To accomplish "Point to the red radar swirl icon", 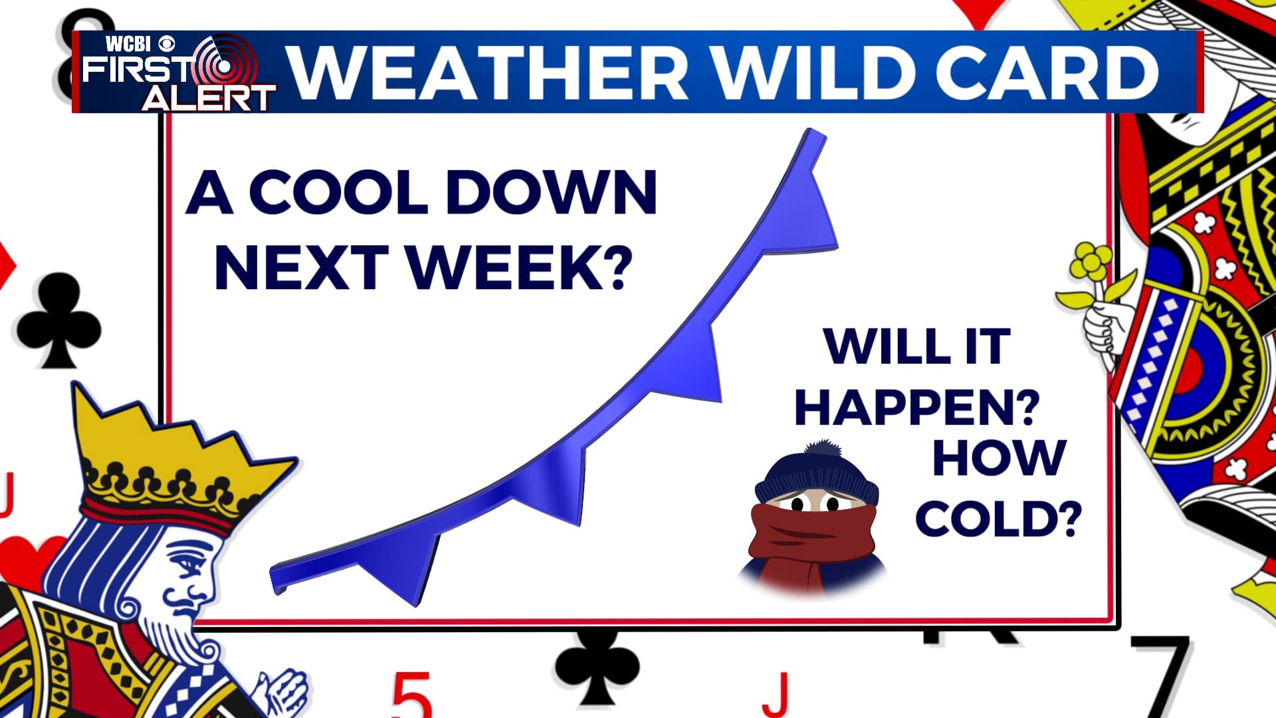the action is [223, 65].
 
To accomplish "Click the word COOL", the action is [338, 192].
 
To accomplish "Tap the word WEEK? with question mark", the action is [519, 267].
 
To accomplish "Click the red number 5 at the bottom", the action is [411, 695].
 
